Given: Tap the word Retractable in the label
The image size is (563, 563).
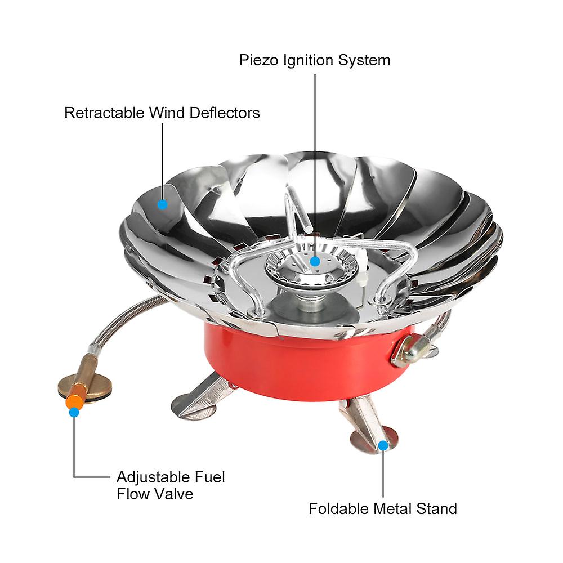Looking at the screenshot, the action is tap(104, 113).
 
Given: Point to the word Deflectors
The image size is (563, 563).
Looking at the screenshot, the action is tap(225, 113).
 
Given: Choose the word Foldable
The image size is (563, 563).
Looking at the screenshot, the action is tap(338, 509).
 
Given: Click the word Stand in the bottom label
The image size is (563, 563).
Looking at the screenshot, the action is tap(436, 509).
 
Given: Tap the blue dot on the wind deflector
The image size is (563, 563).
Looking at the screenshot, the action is tap(163, 205).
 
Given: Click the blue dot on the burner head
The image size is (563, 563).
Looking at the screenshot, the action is tap(315, 261).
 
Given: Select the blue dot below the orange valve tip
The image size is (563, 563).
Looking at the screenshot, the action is tap(74, 412).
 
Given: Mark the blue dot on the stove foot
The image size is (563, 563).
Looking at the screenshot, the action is tap(383, 445).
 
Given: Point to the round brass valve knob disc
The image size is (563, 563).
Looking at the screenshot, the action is tap(86, 388).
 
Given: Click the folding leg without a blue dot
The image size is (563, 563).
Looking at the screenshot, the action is tap(201, 399).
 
